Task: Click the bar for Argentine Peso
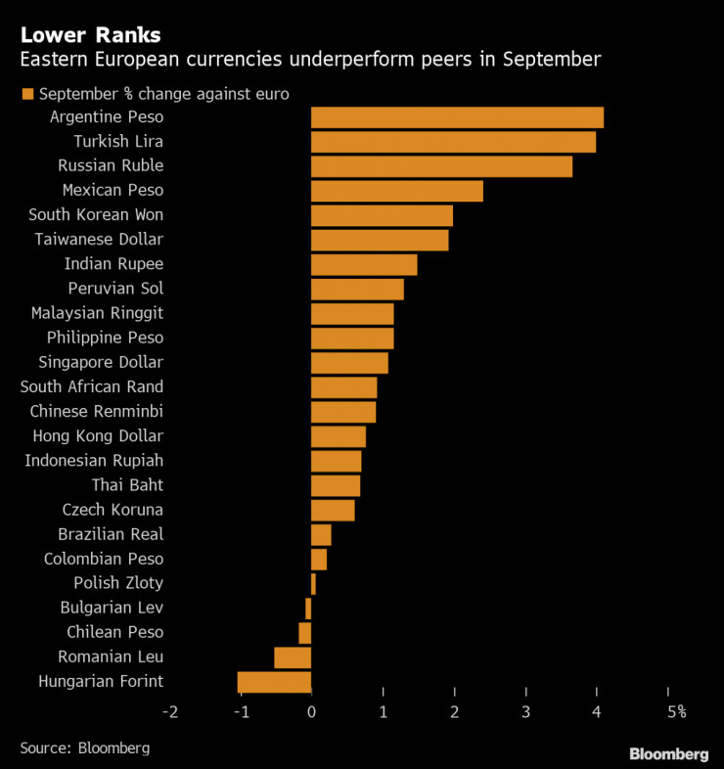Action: click(x=457, y=117)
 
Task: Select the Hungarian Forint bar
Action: click(x=274, y=682)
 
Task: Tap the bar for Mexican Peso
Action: click(x=396, y=191)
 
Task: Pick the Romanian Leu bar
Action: click(x=293, y=657)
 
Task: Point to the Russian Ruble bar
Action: click(x=441, y=166)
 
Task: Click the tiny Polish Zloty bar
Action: click(x=313, y=584)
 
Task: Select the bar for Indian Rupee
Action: click(x=364, y=264)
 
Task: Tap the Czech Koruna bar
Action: click(x=333, y=510)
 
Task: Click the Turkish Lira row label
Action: click(x=117, y=142)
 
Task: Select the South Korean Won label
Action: click(x=96, y=215)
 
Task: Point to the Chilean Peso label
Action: click(x=114, y=632)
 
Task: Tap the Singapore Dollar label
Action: click(x=101, y=362)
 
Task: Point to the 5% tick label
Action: click(x=675, y=711)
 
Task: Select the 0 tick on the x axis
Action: click(x=311, y=711)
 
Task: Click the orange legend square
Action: click(x=26, y=94)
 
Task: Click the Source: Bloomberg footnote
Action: click(x=84, y=747)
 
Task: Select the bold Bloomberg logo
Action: click(x=668, y=753)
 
